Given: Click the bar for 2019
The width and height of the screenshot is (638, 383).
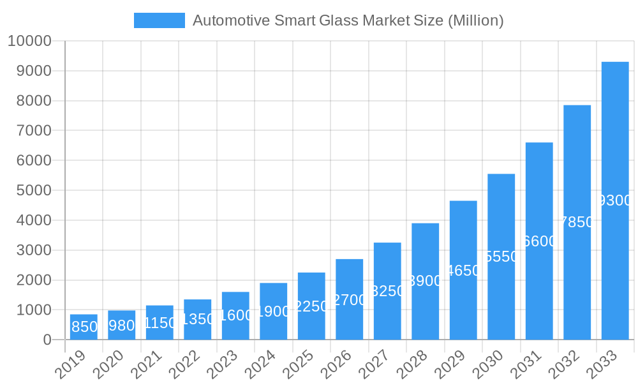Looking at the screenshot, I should pyautogui.click(x=84, y=327).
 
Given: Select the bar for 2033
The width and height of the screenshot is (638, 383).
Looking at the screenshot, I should pyautogui.click(x=615, y=200).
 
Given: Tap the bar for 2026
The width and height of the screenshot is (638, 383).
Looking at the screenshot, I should pyautogui.click(x=350, y=299).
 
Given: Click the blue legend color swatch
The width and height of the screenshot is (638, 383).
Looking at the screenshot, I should pyautogui.click(x=159, y=20).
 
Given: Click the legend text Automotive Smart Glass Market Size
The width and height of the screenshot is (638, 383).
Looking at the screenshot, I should pyautogui.click(x=348, y=20).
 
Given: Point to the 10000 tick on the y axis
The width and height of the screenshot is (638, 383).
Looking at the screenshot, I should pyautogui.click(x=29, y=41).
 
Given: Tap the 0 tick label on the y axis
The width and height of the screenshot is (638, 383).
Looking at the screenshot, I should pyautogui.click(x=47, y=340).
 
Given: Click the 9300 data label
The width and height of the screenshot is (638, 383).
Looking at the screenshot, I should pyautogui.click(x=616, y=201).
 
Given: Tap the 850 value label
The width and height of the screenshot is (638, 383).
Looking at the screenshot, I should pyautogui.click(x=84, y=327).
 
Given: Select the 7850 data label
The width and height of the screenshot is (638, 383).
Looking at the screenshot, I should pyautogui.click(x=577, y=222).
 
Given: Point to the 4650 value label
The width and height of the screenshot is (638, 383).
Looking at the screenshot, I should pyautogui.click(x=463, y=271).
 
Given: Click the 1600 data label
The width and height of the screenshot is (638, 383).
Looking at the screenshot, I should pyautogui.click(x=235, y=315).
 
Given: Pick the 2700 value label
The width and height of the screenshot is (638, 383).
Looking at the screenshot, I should pyautogui.click(x=350, y=300).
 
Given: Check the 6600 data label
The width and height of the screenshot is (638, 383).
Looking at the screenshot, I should pyautogui.click(x=540, y=241).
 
